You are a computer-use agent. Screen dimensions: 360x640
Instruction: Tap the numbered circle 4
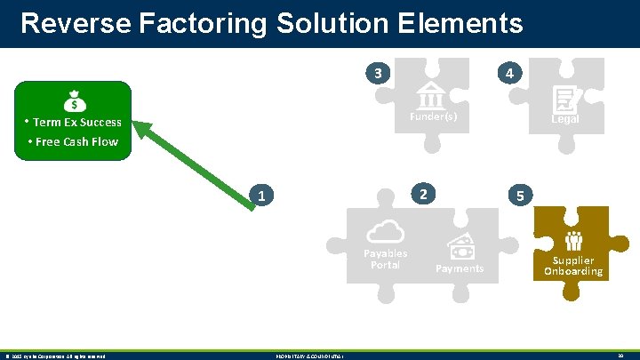[x=508, y=73]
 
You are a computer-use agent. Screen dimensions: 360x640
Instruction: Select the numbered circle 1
[x=260, y=196]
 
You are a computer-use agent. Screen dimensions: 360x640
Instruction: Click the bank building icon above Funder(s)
[x=431, y=94]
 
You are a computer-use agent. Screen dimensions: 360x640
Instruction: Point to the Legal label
[x=565, y=119]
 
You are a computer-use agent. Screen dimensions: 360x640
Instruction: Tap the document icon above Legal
[x=564, y=98]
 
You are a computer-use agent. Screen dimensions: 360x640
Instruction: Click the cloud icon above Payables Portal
[x=385, y=231]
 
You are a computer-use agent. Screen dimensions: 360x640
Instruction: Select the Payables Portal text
[x=385, y=259]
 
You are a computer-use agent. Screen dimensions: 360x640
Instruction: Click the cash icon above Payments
[x=461, y=246]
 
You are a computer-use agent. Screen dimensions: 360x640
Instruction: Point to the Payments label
[x=460, y=268]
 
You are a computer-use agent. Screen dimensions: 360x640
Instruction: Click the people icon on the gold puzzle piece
[x=573, y=240]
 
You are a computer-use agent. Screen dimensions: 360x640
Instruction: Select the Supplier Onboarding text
[x=573, y=266]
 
